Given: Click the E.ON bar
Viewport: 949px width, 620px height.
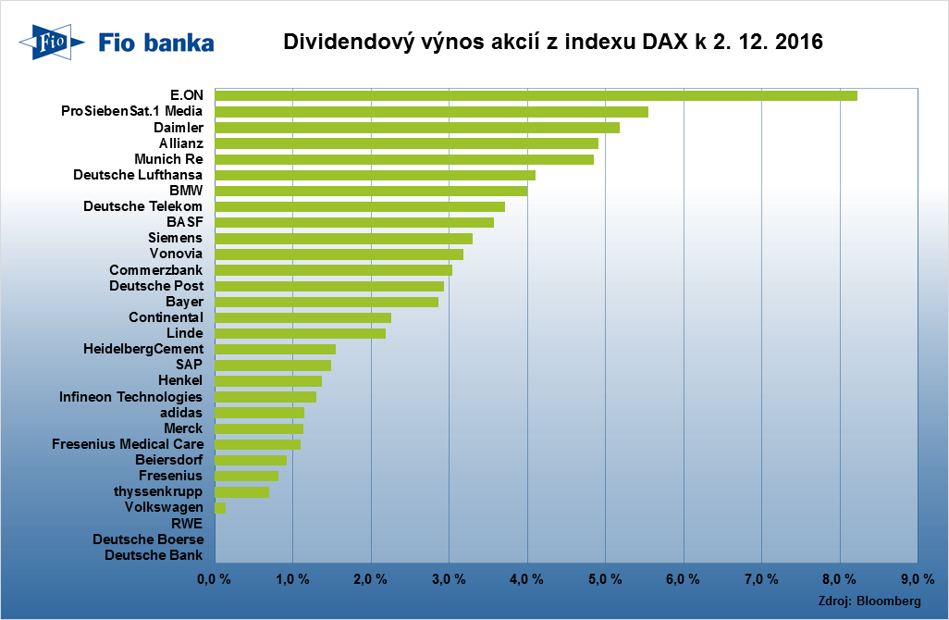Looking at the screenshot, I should pyautogui.click(x=536, y=95).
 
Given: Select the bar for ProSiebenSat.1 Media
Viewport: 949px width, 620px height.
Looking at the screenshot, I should pyautogui.click(x=431, y=112).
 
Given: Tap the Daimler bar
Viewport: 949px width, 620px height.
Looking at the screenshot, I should pyautogui.click(x=416, y=128).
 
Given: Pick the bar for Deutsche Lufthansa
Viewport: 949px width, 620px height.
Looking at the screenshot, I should pyautogui.click(x=375, y=175).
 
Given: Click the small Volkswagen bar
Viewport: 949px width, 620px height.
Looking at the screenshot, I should pyautogui.click(x=220, y=508).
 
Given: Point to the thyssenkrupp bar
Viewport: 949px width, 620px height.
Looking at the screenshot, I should pyautogui.click(x=241, y=492).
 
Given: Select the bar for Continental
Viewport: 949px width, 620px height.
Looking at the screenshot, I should pyautogui.click(x=302, y=318).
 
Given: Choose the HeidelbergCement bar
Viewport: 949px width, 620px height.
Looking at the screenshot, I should pyautogui.click(x=275, y=350).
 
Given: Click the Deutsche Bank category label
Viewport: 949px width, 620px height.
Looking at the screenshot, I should pyautogui.click(x=154, y=555).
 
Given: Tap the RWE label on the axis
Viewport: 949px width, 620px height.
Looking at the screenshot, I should pyautogui.click(x=187, y=524).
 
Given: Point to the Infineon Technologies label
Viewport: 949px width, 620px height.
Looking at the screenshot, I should pyautogui.click(x=130, y=397).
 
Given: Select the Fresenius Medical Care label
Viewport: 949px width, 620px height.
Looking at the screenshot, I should pyautogui.click(x=129, y=444).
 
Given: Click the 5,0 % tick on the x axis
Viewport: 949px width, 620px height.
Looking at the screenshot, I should pyautogui.click(x=605, y=579).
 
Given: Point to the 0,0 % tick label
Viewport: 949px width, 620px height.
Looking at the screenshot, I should pyautogui.click(x=215, y=579).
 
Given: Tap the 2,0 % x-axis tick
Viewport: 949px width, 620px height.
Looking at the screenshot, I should pyautogui.click(x=371, y=579).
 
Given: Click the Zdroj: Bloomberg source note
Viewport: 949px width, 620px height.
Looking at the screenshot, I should pyautogui.click(x=869, y=601).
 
